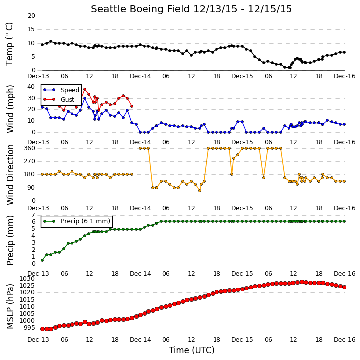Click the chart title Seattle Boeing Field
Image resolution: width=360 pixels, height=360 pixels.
pyautogui.click(x=141, y=9)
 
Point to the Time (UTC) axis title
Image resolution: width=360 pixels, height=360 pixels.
pyautogui.click(x=192, y=350)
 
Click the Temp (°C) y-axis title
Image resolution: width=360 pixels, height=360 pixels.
pyautogui.click(x=9, y=44)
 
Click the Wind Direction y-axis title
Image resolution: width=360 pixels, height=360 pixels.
pyautogui.click(x=10, y=175)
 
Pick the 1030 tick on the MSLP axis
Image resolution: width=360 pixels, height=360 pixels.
pyautogui.click(x=27, y=279)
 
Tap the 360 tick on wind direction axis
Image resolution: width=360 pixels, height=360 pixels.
pyautogui.click(x=30, y=148)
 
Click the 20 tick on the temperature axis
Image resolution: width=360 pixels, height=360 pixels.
pyautogui.click(x=31, y=16)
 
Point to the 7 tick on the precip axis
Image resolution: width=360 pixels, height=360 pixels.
pyautogui.click(x=33, y=215)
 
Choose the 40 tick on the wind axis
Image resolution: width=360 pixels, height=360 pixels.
pyautogui.click(x=31, y=87)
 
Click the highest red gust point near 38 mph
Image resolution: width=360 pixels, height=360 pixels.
pyautogui.click(x=85, y=89)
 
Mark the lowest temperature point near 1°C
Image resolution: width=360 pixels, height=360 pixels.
pyautogui.click(x=290, y=68)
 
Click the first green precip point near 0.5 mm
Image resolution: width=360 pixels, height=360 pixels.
pyautogui.click(x=42, y=260)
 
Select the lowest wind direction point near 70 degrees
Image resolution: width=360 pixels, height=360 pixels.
pyautogui.click(x=200, y=191)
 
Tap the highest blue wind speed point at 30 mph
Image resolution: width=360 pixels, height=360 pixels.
pyautogui.click(x=85, y=98)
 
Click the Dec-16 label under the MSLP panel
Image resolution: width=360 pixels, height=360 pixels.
pyautogui.click(x=345, y=339)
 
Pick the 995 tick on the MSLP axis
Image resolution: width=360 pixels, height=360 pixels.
pyautogui.click(x=29, y=328)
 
